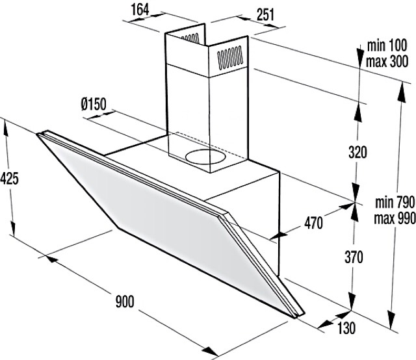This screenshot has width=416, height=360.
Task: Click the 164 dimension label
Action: (140, 10)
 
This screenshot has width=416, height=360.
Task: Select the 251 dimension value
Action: (265, 14)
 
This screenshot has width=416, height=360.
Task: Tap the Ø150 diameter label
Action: (94, 104)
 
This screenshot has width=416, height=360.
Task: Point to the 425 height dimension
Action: (9, 178)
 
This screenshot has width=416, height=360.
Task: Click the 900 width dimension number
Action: (125, 302)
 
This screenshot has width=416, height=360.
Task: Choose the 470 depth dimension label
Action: (313, 223)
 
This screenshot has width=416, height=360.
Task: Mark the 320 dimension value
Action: (357, 152)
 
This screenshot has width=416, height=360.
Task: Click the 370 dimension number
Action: (354, 257)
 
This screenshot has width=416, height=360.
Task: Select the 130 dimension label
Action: (346, 328)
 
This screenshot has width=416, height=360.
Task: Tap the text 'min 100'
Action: (387, 45)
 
